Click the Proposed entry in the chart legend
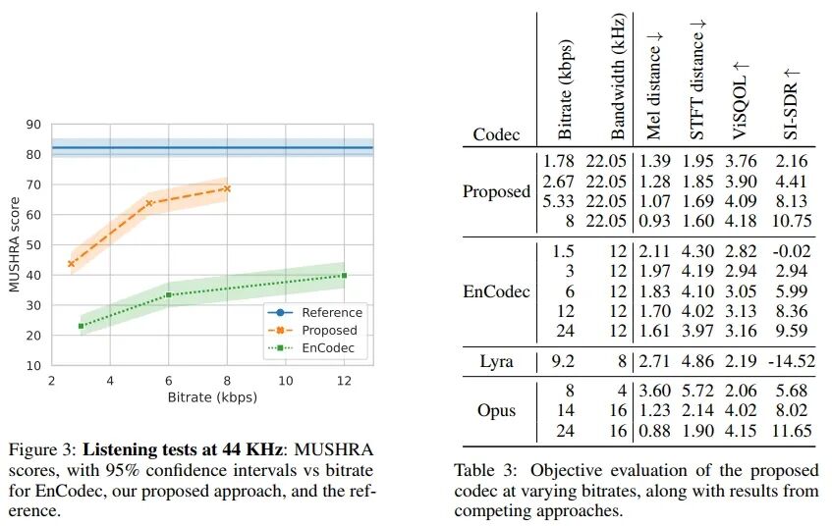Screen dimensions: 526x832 tap(329, 331)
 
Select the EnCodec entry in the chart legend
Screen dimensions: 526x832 tap(328, 348)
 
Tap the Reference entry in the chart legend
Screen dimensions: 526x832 tap(332, 313)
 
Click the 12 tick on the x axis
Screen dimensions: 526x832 tap(344, 381)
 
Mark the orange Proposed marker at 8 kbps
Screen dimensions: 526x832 tap(227, 188)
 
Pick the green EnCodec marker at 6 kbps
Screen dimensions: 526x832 tap(169, 294)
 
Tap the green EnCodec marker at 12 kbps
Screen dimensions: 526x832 tap(344, 276)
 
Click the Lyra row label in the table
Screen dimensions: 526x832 tap(496, 361)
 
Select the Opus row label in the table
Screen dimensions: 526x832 tap(496, 410)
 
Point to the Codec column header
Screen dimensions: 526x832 tap(496, 133)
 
